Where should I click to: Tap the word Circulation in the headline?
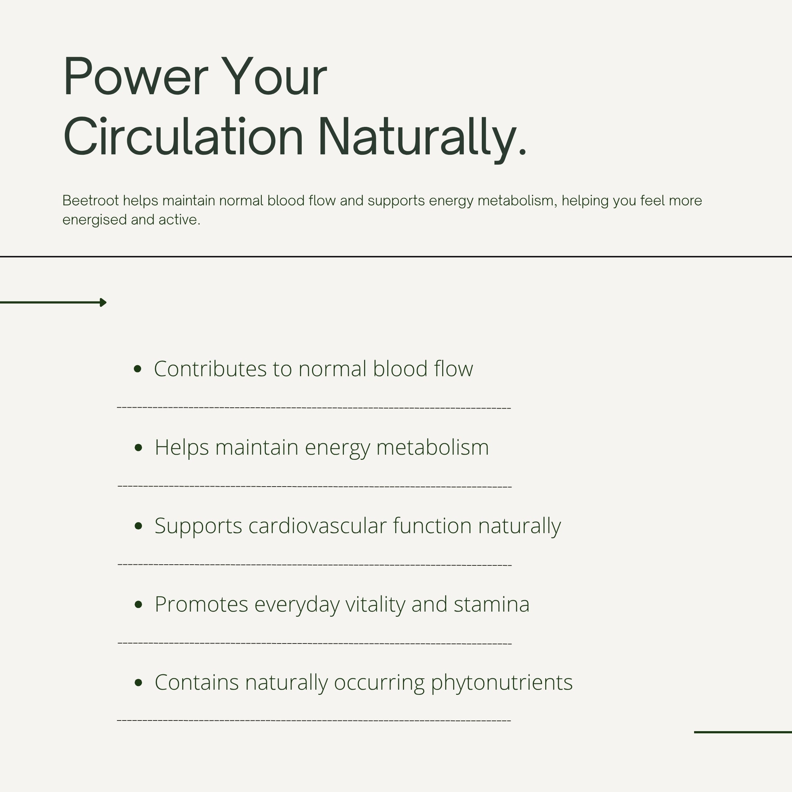tap(183, 136)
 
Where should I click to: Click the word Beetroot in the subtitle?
tap(91, 201)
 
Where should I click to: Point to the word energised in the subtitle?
tap(95, 220)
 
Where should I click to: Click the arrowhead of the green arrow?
tap(103, 302)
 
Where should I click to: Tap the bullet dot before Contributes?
tap(138, 369)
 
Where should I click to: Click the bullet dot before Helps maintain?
tap(138, 447)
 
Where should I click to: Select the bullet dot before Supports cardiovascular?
tap(138, 526)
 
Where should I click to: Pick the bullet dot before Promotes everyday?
tap(138, 604)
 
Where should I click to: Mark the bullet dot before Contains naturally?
tap(138, 682)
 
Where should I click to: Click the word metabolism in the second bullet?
tap(433, 447)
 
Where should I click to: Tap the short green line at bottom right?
tap(743, 732)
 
